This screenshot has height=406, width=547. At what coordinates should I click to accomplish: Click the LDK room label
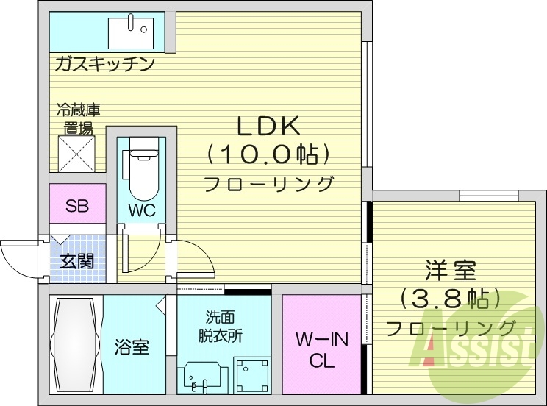click(x=268, y=127)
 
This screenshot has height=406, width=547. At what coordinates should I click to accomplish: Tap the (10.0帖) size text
click(x=268, y=154)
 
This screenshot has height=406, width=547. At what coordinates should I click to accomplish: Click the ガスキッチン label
click(x=104, y=64)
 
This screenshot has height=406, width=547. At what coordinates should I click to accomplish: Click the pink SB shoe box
click(x=76, y=206)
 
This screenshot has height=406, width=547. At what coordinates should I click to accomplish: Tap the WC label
click(x=142, y=210)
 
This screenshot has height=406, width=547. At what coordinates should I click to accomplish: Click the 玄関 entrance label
click(x=76, y=260)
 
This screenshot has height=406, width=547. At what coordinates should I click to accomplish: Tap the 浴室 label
click(x=132, y=347)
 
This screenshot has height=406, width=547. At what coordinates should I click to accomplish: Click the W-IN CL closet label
click(x=321, y=350)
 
